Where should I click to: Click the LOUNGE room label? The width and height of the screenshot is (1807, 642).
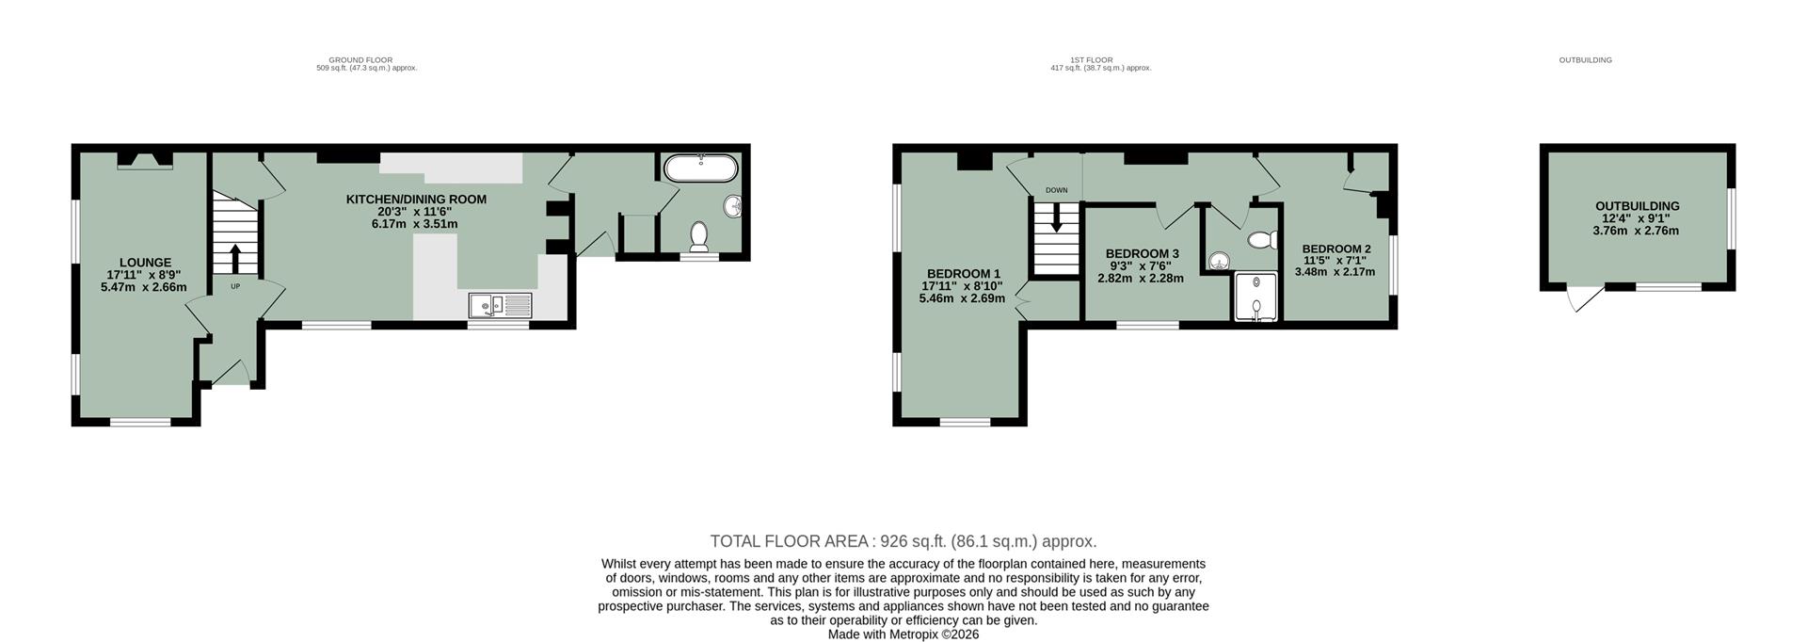(144, 263)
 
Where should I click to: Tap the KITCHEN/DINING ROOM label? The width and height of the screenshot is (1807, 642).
(415, 200)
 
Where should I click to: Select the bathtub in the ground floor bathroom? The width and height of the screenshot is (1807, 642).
(702, 169)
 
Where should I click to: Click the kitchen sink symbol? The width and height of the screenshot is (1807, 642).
(501, 304)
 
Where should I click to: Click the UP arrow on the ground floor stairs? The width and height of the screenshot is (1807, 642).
(233, 257)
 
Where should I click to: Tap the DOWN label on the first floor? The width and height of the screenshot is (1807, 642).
(1056, 190)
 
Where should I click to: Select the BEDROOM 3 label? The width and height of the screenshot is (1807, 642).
(1142, 254)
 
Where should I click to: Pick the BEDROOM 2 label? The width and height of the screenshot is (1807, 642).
(1335, 249)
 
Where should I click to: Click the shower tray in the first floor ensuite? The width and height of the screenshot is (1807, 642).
(1256, 297)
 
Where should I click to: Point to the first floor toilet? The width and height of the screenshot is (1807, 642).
(1260, 240)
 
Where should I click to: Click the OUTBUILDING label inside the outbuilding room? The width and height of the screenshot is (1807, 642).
(1637, 206)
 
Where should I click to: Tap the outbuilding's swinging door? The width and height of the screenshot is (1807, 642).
(1584, 300)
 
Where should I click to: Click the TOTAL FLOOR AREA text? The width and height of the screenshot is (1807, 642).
(903, 541)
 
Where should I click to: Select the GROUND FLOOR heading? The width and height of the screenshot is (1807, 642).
(360, 60)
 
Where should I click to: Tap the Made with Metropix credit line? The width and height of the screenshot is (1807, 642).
(903, 634)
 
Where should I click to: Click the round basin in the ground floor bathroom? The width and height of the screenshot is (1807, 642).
(733, 205)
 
